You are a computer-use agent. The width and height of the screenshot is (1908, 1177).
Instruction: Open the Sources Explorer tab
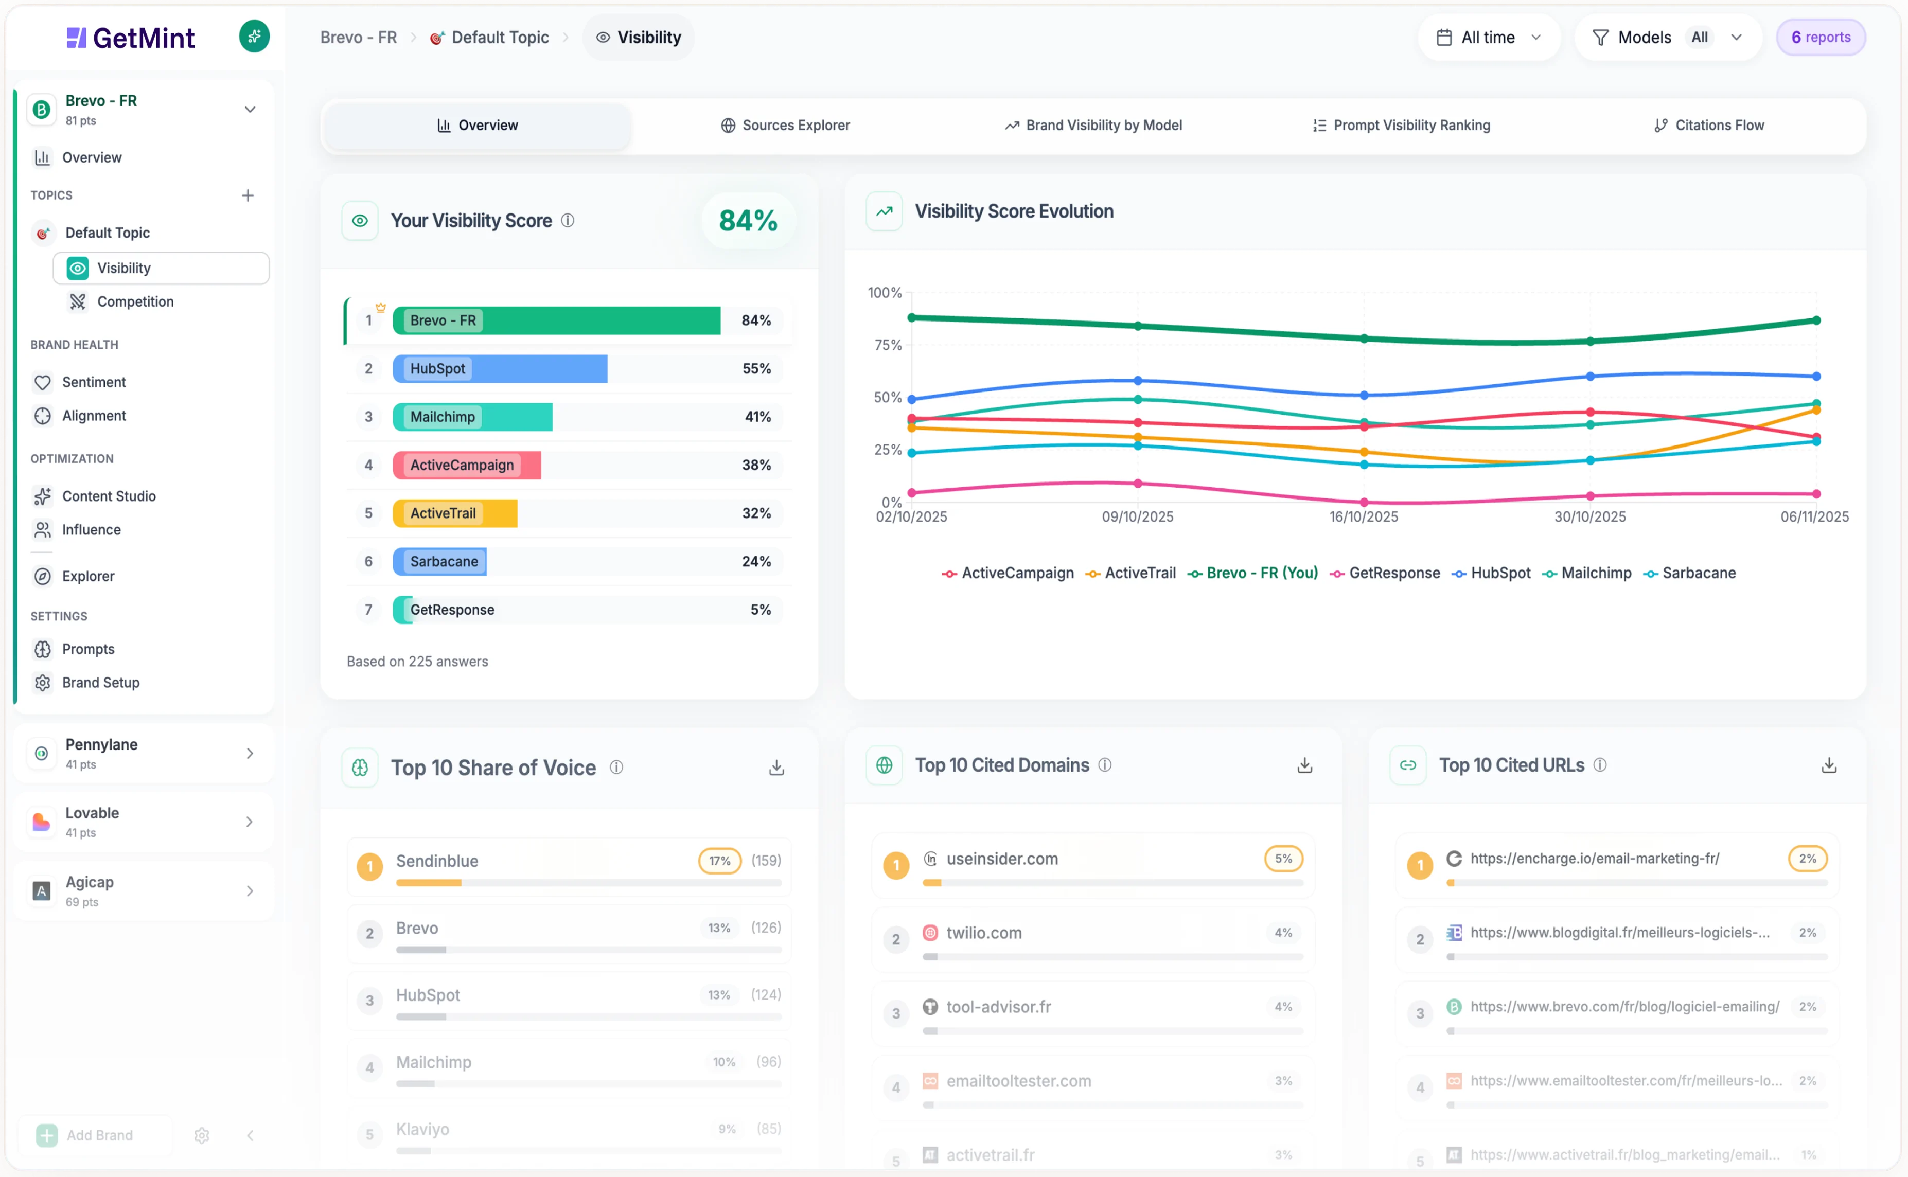pyautogui.click(x=785, y=126)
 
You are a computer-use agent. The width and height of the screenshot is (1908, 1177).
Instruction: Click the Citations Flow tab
pyautogui.click(x=1709, y=126)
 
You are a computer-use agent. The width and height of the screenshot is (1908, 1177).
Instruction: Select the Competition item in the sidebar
pyautogui.click(x=135, y=301)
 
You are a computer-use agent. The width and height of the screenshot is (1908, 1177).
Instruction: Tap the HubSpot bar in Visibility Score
pyautogui.click(x=500, y=369)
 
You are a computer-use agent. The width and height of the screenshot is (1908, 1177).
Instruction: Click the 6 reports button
pyautogui.click(x=1820, y=38)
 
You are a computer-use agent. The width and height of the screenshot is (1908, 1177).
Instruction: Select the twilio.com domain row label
pyautogui.click(x=983, y=933)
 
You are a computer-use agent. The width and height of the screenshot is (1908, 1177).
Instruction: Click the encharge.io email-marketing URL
pyautogui.click(x=1594, y=859)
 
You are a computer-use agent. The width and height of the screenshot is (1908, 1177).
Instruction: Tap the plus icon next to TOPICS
pyautogui.click(x=248, y=195)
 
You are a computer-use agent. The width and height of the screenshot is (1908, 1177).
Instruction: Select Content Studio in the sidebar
pyautogui.click(x=108, y=496)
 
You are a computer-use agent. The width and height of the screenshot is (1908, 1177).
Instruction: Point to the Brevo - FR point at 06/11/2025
pyautogui.click(x=1816, y=320)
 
